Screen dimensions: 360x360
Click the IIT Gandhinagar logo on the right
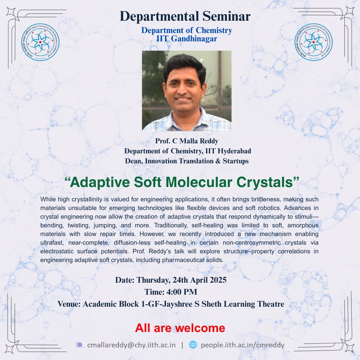click(314, 42)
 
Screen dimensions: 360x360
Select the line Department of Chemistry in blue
click(187, 30)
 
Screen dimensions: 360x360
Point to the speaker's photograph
click(187, 91)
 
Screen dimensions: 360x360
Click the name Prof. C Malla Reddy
click(187, 141)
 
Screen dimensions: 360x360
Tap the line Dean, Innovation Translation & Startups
click(187, 161)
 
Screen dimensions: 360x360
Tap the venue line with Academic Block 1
click(171, 304)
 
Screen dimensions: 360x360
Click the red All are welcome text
click(180, 328)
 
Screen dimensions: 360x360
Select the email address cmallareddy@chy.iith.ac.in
click(131, 345)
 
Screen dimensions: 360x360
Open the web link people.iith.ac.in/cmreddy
click(242, 345)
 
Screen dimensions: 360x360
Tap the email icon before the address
click(80, 345)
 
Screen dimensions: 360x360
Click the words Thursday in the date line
click(153, 280)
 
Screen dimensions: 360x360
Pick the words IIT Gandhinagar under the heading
click(187, 39)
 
